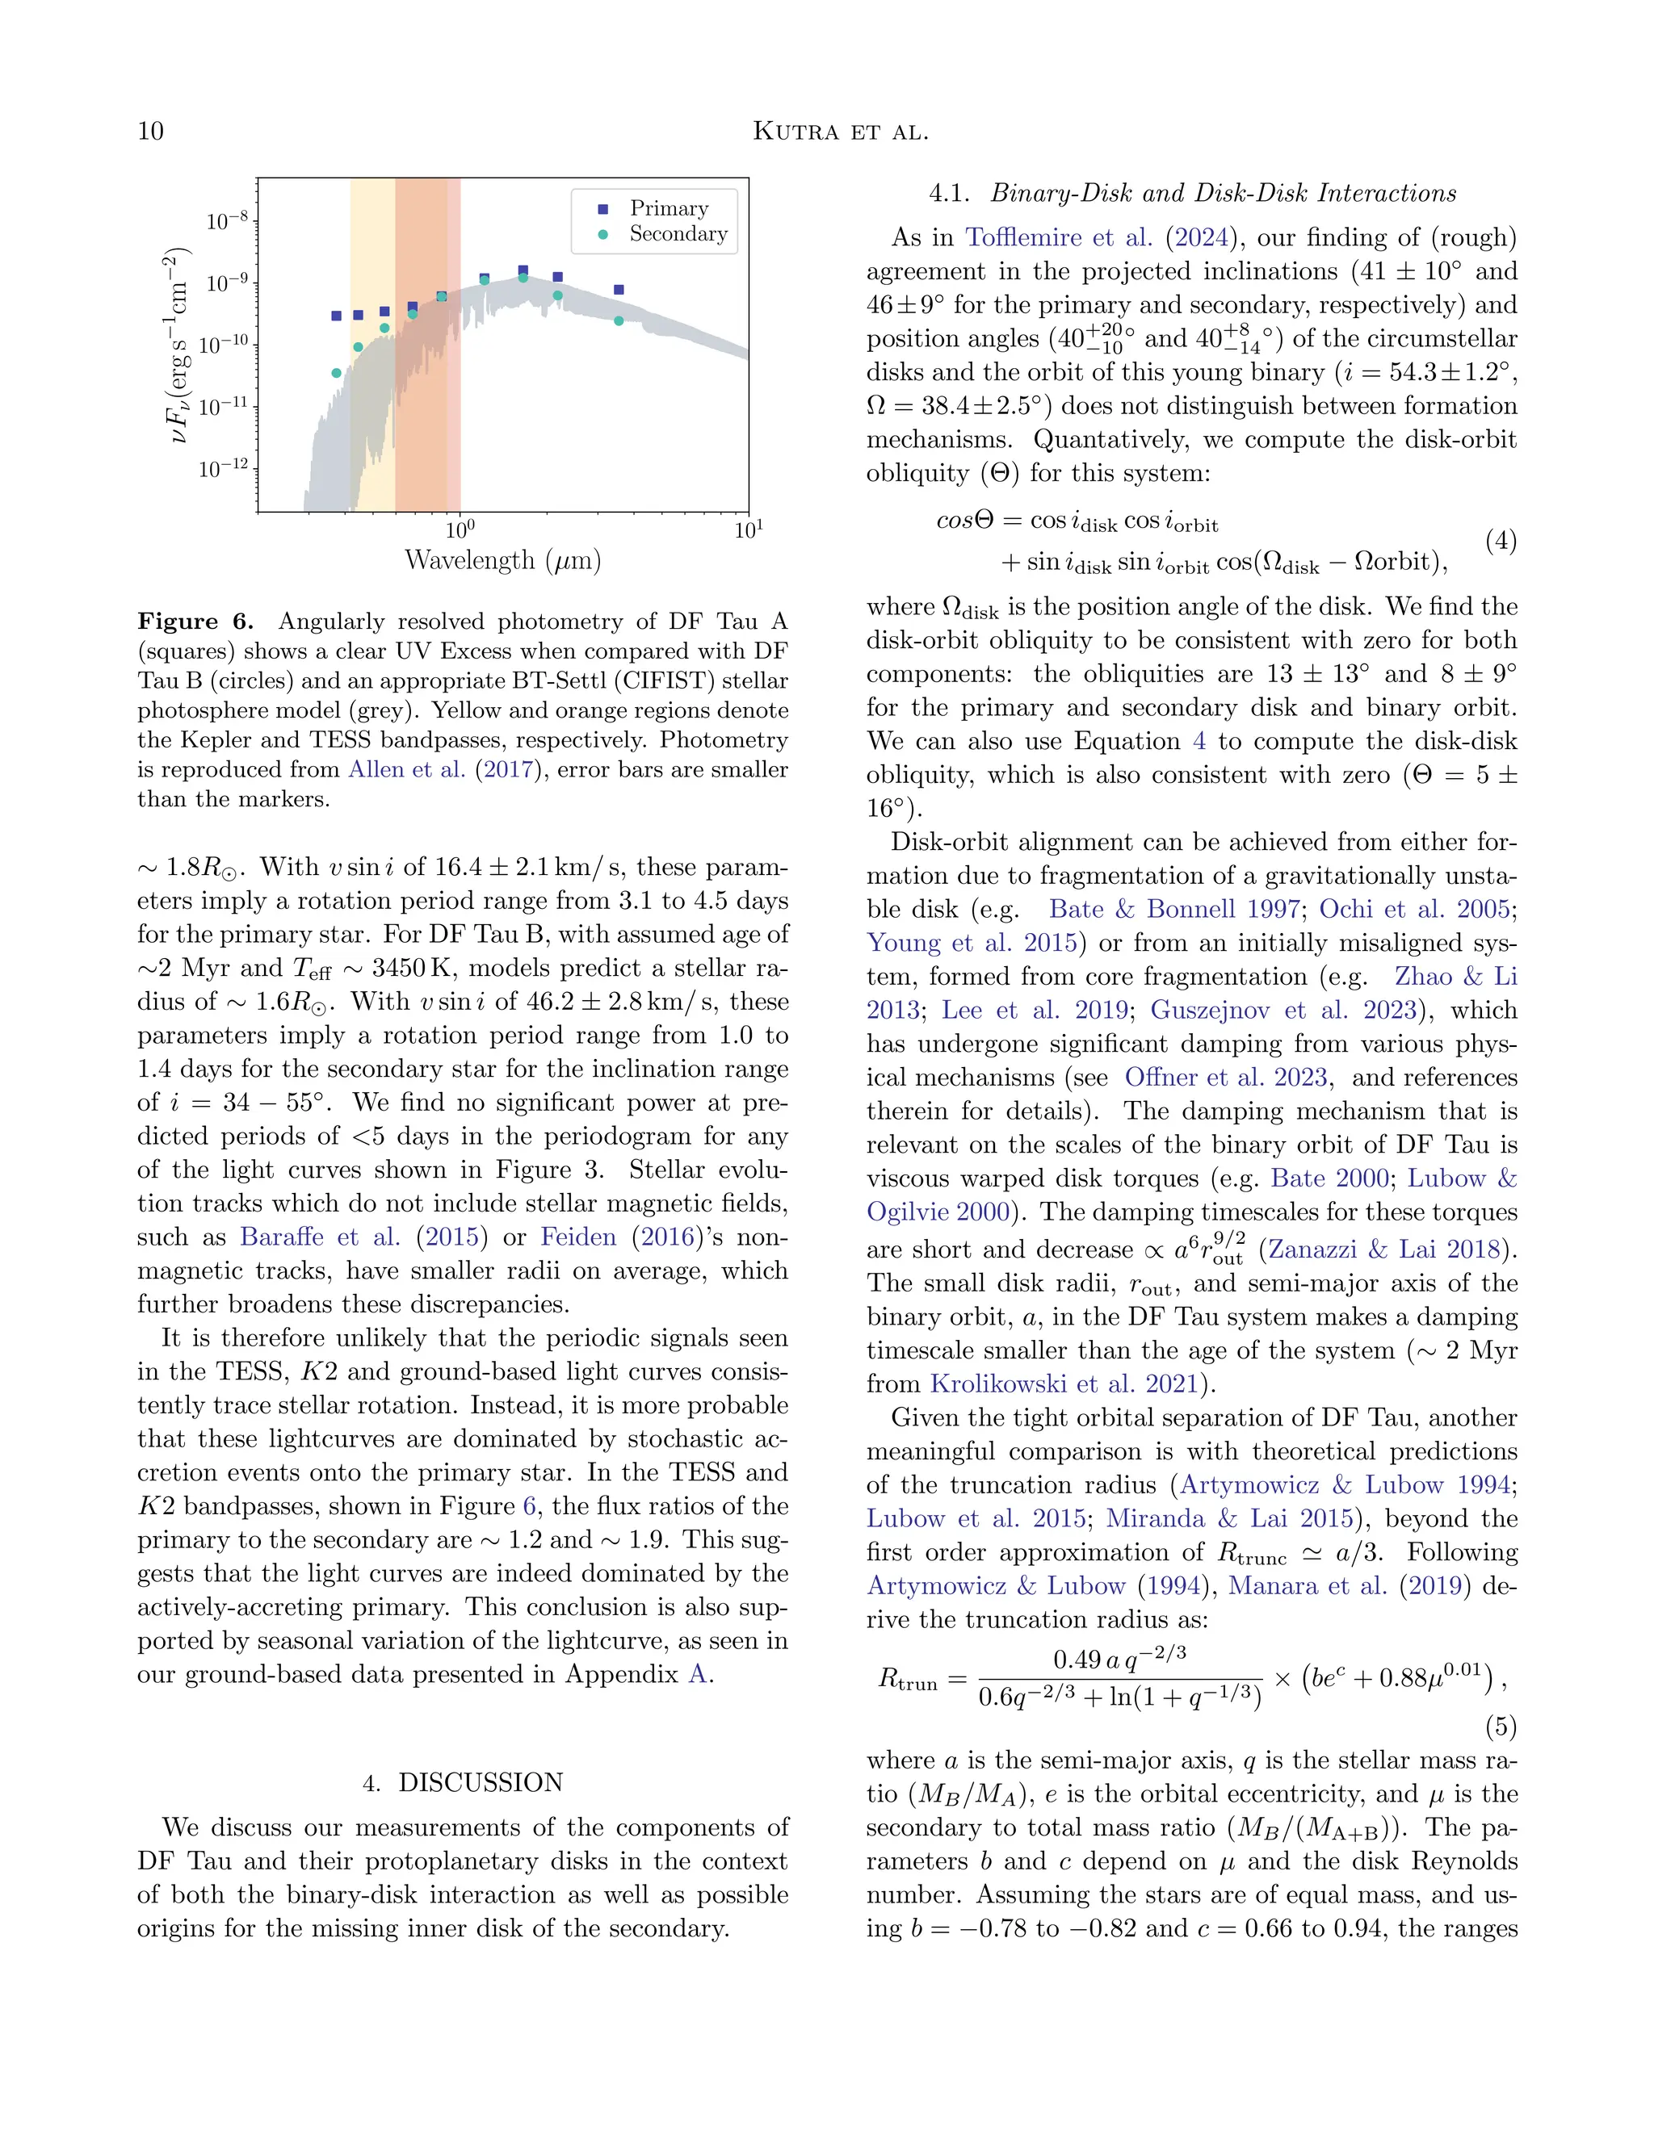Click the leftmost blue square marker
click(x=336, y=316)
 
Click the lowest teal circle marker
click(x=336, y=373)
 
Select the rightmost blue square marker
click(x=619, y=290)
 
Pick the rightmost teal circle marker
click(x=619, y=321)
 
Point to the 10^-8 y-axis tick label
click(x=227, y=221)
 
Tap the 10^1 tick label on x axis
click(x=748, y=530)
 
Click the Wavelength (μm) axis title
click(x=502, y=561)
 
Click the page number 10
click(x=151, y=132)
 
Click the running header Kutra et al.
click(x=840, y=132)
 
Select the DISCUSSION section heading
click(x=481, y=1782)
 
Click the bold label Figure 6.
click(x=195, y=622)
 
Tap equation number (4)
click(x=1501, y=541)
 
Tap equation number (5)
click(x=1501, y=1726)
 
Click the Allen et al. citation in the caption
click(x=407, y=770)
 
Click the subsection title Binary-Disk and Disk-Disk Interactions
click(x=1223, y=193)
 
